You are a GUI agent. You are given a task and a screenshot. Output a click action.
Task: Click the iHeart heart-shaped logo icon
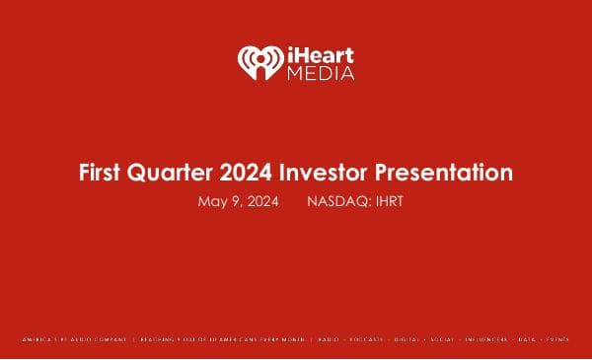[x=257, y=62]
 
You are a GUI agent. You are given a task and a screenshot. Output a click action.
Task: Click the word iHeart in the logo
[x=318, y=54]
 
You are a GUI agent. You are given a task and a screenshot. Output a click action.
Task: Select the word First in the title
[x=101, y=173]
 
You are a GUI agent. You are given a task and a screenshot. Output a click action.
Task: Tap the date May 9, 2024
[x=238, y=201]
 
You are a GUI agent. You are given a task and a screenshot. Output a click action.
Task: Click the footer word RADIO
[x=331, y=339]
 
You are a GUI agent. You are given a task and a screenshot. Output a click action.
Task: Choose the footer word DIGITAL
[x=409, y=339]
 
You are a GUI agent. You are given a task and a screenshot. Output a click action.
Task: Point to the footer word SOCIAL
[x=445, y=339]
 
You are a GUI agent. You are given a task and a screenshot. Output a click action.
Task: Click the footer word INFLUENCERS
[x=488, y=339]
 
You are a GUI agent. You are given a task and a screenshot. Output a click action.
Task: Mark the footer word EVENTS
[x=557, y=339]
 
